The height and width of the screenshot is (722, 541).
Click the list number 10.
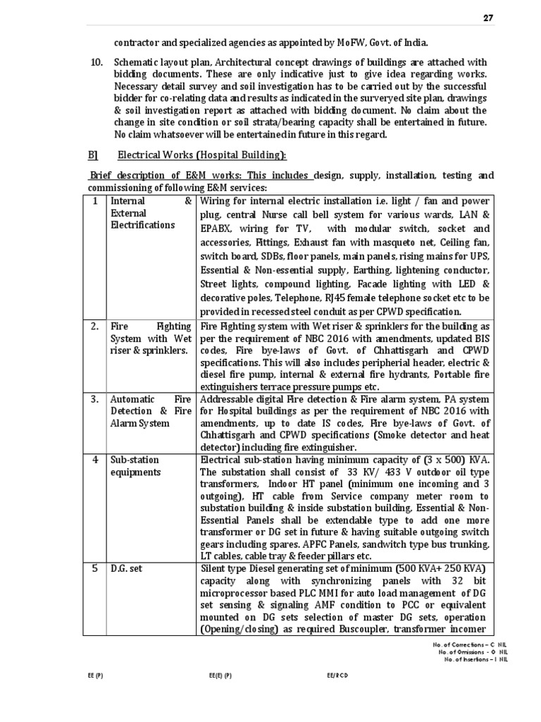point(98,62)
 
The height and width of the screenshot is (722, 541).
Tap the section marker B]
point(92,155)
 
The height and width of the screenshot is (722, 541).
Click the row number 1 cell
point(96,201)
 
